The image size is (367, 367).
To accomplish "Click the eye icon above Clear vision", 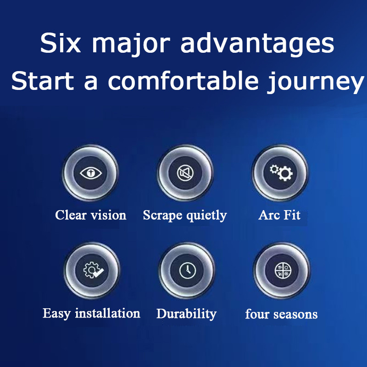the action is tap(91, 173).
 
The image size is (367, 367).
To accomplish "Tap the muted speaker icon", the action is tap(185, 173).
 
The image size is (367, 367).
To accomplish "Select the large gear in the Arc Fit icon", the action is tap(285, 173).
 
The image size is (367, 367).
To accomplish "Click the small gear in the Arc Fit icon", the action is tap(274, 168).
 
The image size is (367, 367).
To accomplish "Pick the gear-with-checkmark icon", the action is tap(93, 270).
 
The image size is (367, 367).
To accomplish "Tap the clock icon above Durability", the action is tap(188, 270).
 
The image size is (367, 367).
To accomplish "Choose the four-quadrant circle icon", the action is tap(283, 271).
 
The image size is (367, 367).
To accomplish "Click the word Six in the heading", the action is tap(61, 43).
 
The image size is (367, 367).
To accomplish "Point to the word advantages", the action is tap(257, 44).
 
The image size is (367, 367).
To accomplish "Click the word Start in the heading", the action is tap(42, 81).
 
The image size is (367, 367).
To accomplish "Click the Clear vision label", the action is tap(90, 215).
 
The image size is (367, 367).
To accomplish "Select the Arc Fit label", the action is tap(279, 215).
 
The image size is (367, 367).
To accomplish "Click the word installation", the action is tap(107, 313).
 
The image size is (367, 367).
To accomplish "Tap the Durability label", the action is tap(186, 314).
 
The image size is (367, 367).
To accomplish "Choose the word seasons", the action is tap(295, 314).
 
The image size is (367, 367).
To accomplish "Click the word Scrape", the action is tap(162, 216).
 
